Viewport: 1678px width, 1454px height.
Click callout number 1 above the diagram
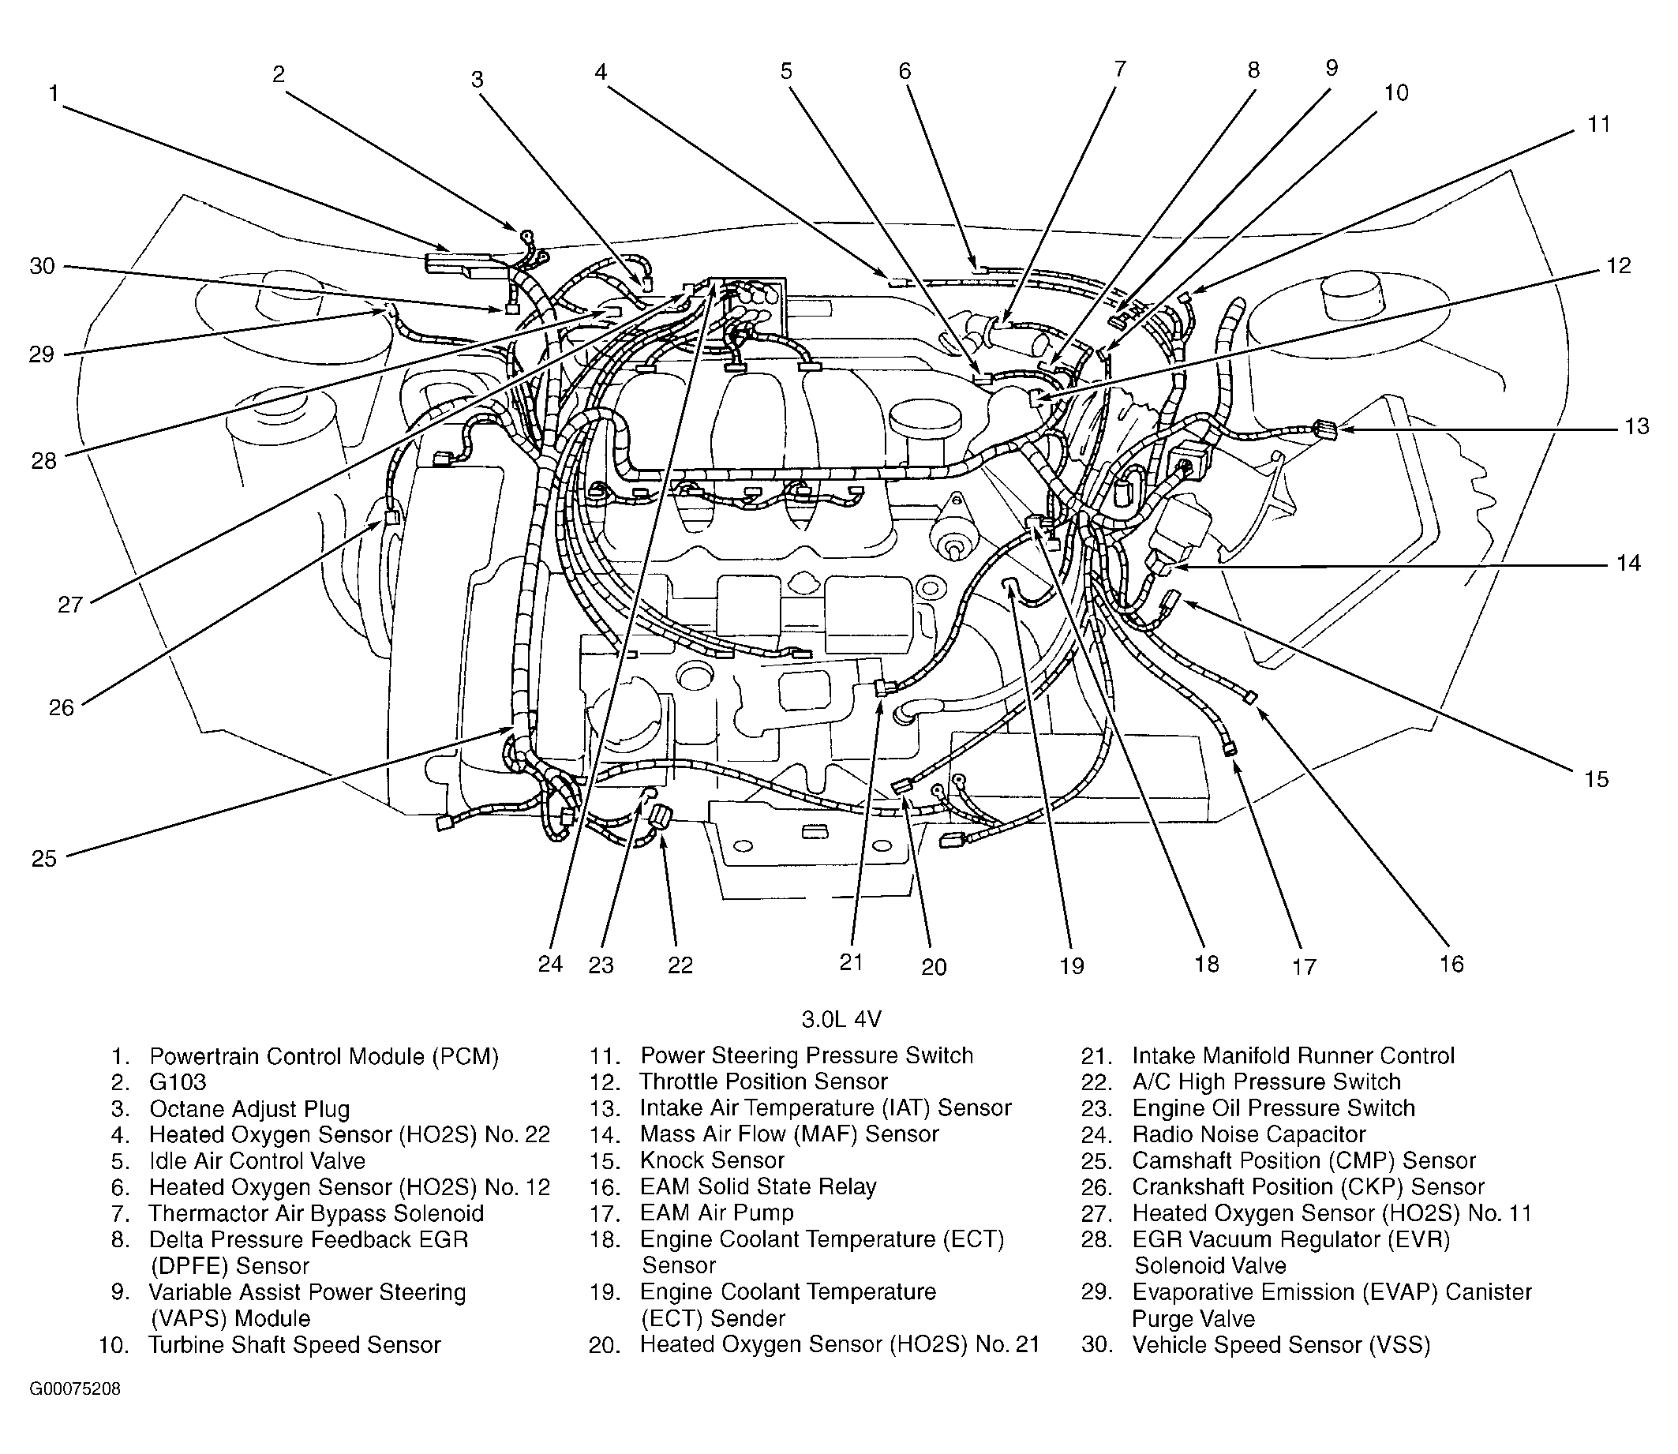click(x=54, y=94)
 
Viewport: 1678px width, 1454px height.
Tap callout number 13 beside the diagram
click(x=1637, y=426)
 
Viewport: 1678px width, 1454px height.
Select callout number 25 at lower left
click(x=44, y=859)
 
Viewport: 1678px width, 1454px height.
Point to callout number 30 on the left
click(x=41, y=265)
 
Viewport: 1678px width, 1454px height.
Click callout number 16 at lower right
click(x=1451, y=963)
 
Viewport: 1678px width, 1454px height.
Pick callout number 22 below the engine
click(x=680, y=965)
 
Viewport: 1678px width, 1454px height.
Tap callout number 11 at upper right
click(x=1597, y=124)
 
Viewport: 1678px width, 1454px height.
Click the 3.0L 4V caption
click(x=841, y=1019)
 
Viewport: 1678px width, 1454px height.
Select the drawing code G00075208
click(x=75, y=1389)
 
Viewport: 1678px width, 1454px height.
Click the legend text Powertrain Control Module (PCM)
click(x=324, y=1056)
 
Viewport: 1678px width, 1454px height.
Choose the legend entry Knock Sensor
click(x=712, y=1160)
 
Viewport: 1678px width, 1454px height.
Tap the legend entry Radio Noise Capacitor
click(x=1249, y=1134)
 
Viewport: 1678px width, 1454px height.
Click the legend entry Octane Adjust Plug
click(x=249, y=1109)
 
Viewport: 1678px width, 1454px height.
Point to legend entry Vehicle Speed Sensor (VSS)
click(x=1281, y=1345)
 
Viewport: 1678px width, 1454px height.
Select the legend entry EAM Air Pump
click(x=717, y=1213)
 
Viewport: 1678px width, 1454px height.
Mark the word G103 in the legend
click(x=178, y=1082)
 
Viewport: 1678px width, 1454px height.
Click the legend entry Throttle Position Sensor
click(x=762, y=1081)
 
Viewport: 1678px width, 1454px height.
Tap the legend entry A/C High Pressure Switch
click(x=1266, y=1081)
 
